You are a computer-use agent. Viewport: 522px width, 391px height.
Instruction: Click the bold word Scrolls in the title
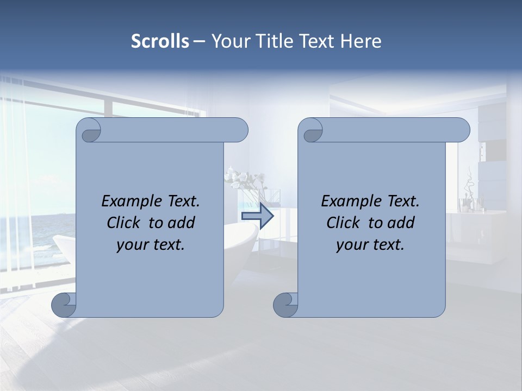pyautogui.click(x=160, y=41)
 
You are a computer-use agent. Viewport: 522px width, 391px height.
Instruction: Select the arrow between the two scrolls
pyautogui.click(x=257, y=216)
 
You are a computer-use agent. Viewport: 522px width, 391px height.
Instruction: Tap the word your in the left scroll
pyautogui.click(x=131, y=245)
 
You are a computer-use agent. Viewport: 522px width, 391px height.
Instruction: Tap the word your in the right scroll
pyautogui.click(x=351, y=245)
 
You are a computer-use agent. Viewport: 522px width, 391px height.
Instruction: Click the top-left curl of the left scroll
pyautogui.click(x=89, y=131)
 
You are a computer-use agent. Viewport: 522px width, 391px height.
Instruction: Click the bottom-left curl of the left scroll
pyautogui.click(x=64, y=305)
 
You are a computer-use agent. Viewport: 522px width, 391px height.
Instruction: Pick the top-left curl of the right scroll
pyautogui.click(x=311, y=131)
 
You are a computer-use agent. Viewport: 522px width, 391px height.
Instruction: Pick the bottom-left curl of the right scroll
pyautogui.click(x=285, y=305)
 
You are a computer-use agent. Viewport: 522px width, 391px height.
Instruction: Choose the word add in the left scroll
pyautogui.click(x=182, y=223)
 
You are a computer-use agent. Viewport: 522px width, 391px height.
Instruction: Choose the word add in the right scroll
pyautogui.click(x=402, y=223)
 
